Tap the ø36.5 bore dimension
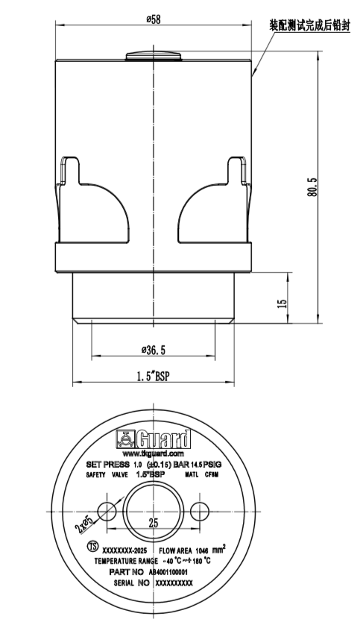[154, 350]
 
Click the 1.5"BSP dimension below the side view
[154, 377]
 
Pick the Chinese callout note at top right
[309, 25]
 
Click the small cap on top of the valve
[154, 56]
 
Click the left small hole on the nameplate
[107, 511]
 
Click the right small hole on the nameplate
[199, 511]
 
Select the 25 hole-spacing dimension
[154, 523]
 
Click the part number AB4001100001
[172, 571]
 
